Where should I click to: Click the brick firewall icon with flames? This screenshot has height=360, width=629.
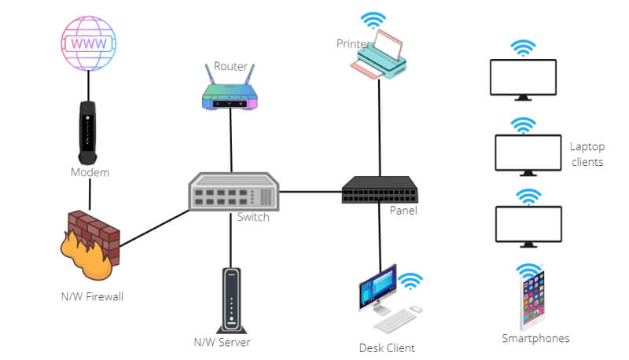point(90,241)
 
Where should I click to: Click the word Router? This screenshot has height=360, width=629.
point(230,66)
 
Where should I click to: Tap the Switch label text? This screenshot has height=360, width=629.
point(253,217)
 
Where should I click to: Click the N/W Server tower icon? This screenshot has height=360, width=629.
point(230,299)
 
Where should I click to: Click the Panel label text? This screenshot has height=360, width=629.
point(403,211)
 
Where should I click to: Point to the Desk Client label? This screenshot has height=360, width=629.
point(387,347)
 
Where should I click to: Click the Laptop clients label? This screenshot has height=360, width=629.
point(587,154)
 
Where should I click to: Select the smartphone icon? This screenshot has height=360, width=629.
point(532,299)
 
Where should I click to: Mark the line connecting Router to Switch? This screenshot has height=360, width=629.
point(231,141)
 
